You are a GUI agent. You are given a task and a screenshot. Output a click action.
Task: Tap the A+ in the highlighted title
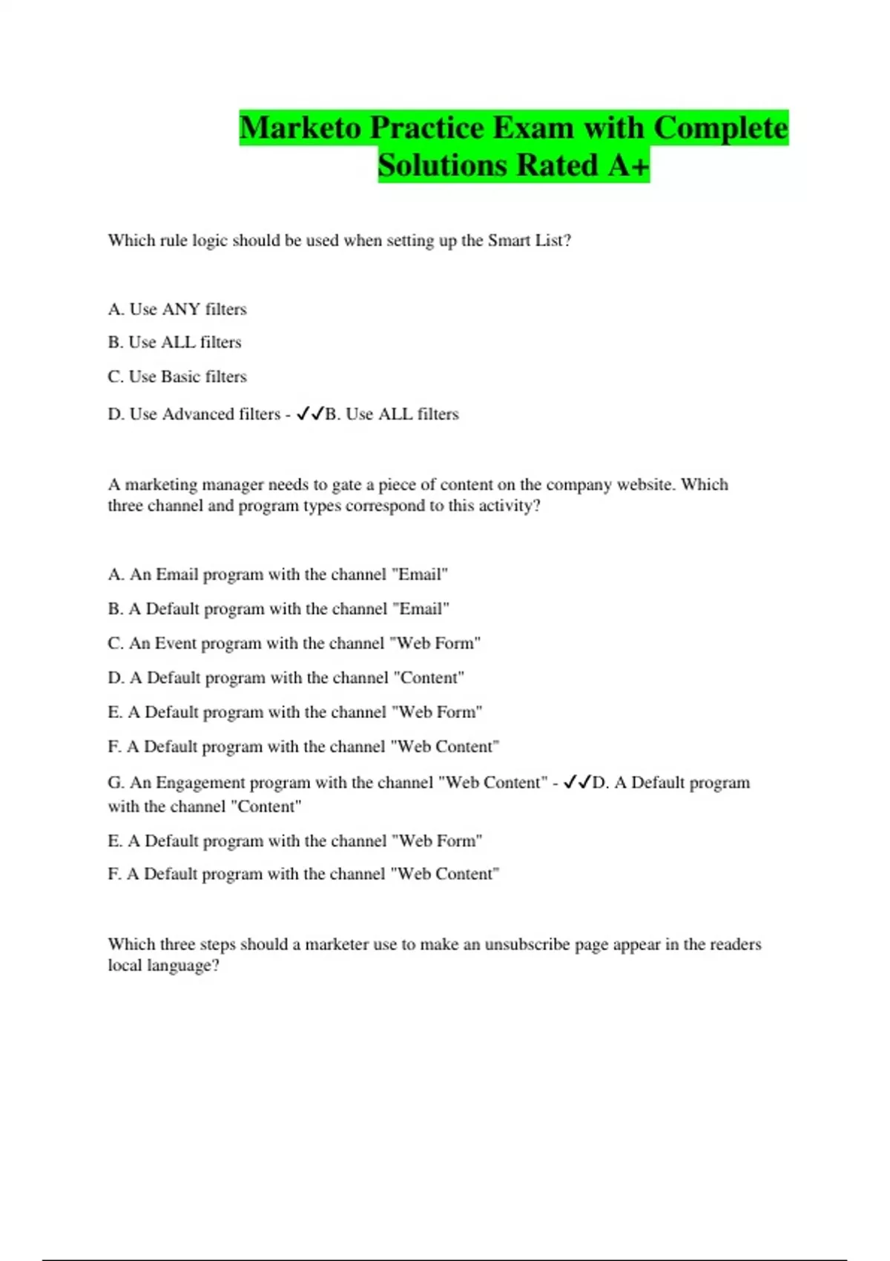[628, 165]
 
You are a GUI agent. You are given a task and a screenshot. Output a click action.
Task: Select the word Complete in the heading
[720, 128]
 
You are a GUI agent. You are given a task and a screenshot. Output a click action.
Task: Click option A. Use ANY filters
[177, 309]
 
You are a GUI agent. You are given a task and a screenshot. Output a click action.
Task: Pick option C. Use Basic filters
[177, 377]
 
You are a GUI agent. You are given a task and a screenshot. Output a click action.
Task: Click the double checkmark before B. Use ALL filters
[309, 414]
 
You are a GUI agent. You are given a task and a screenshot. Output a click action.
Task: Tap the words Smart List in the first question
[529, 240]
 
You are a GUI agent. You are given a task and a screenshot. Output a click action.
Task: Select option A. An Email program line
[278, 574]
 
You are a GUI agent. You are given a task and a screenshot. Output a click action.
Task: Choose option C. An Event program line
[294, 643]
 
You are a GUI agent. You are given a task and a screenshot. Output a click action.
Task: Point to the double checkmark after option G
[576, 783]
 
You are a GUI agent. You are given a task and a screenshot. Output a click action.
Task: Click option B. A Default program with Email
[279, 609]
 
